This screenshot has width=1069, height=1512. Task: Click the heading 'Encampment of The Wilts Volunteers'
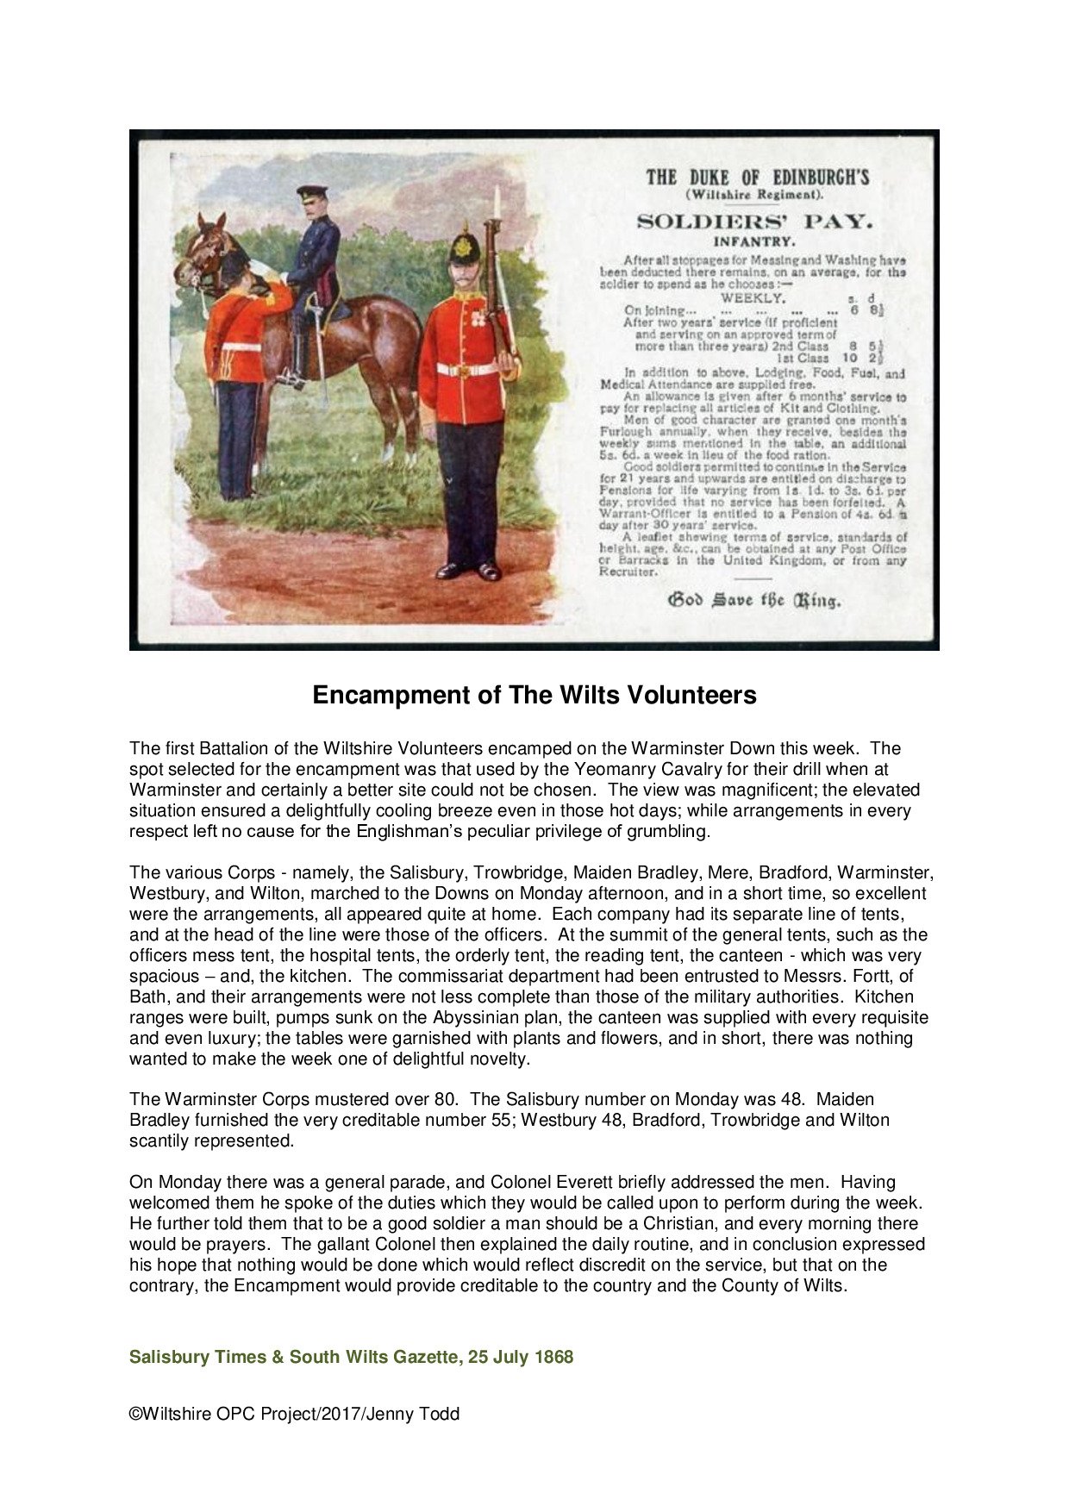(534, 695)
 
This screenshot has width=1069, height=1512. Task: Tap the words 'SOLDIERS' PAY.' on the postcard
(754, 222)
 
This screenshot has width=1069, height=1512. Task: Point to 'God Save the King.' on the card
(754, 600)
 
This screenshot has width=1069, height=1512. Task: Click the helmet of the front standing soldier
(464, 247)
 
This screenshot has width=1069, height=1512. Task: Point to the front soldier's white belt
(470, 370)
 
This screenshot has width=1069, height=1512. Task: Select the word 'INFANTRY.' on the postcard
(754, 241)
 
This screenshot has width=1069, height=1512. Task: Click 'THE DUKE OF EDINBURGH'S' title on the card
(758, 178)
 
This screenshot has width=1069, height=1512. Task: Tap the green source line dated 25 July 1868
(351, 1357)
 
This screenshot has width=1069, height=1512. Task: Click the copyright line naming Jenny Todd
(294, 1414)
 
